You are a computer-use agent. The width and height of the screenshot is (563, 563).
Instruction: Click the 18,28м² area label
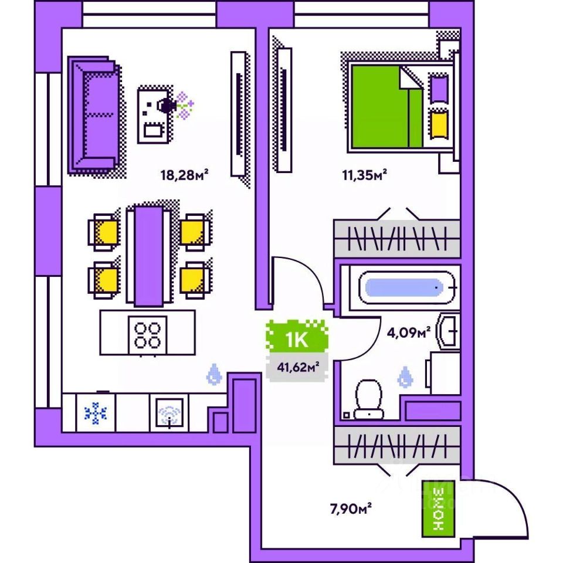185,174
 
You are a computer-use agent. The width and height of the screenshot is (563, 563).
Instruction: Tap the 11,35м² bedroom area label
364,174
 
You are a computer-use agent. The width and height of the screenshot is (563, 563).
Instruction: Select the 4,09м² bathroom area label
408,333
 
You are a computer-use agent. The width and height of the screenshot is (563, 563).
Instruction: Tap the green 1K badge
297,339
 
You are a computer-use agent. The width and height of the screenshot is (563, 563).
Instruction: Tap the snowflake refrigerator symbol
95,413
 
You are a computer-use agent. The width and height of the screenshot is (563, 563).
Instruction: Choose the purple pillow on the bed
437,88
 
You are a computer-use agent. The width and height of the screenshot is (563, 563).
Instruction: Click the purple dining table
148,255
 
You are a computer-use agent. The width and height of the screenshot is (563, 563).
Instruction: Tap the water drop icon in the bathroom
405,377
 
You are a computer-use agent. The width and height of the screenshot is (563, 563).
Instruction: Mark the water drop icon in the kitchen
214,374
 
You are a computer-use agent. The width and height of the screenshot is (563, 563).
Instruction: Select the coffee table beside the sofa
155,115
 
